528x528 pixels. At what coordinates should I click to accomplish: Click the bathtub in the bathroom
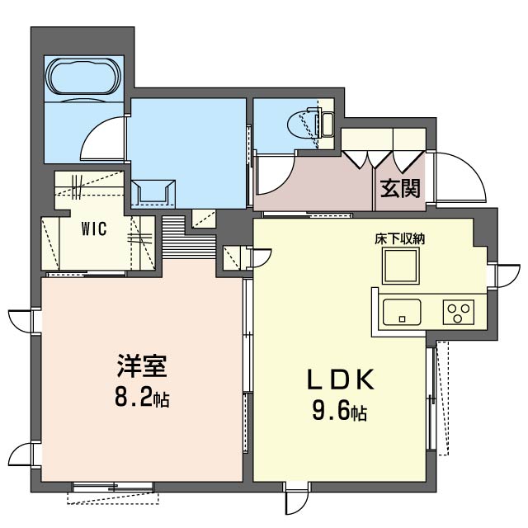(x=84, y=77)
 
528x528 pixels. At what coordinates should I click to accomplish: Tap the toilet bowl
(x=302, y=125)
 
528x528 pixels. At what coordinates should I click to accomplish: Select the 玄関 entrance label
(x=400, y=189)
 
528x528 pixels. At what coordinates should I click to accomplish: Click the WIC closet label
(x=94, y=229)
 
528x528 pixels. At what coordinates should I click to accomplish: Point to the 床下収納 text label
(x=400, y=238)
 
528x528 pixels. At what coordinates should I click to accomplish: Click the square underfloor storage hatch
(x=401, y=266)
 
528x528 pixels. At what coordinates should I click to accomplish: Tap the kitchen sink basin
(x=402, y=312)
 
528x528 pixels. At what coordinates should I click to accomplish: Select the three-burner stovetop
(x=459, y=312)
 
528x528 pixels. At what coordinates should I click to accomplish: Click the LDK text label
(x=341, y=379)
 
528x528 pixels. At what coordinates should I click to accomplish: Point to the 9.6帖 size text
(x=340, y=412)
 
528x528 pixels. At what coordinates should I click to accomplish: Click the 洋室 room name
(x=142, y=366)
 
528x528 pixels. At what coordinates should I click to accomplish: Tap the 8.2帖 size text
(x=142, y=398)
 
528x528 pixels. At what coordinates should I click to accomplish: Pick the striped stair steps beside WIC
(x=189, y=237)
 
